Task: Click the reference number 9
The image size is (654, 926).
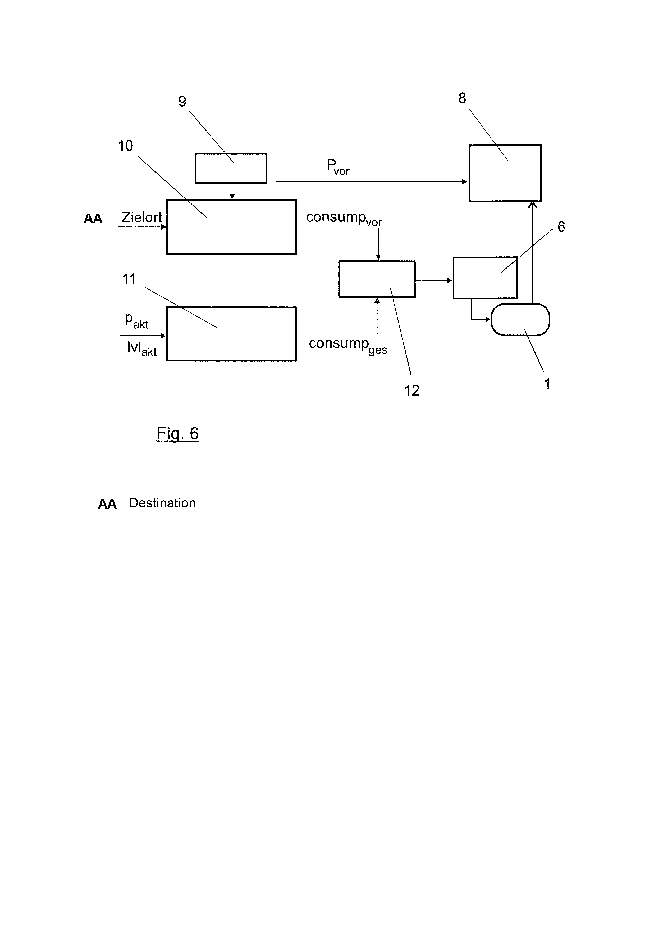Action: tap(182, 101)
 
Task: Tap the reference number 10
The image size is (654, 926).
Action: tap(125, 146)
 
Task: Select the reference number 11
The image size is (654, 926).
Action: tap(129, 279)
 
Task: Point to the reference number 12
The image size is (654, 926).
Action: tap(412, 391)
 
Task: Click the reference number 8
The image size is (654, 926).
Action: tap(462, 98)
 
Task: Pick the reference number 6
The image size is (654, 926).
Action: tap(561, 227)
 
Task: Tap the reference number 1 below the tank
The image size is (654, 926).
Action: tap(547, 384)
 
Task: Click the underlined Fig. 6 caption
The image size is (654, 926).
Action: tap(177, 434)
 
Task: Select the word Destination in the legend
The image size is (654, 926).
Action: tap(162, 503)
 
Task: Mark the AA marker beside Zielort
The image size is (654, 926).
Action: tap(93, 219)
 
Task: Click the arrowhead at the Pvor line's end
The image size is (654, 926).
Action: tap(464, 182)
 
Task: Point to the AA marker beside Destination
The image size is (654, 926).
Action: tap(107, 504)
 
